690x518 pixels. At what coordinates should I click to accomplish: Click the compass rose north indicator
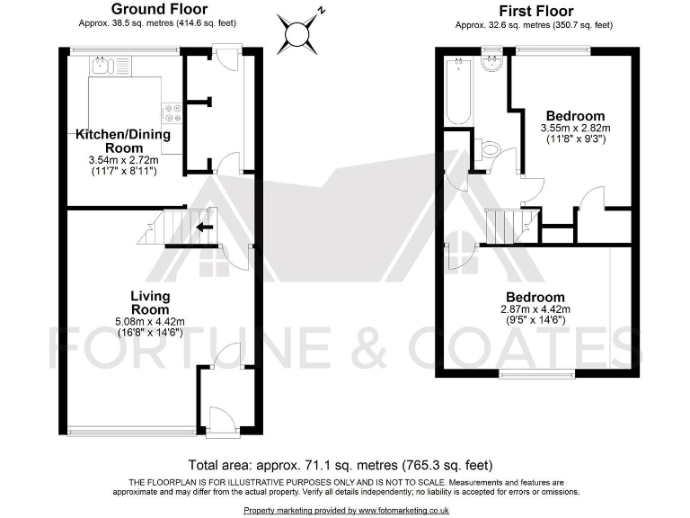(296, 34)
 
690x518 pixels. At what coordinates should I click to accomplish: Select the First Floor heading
(535, 12)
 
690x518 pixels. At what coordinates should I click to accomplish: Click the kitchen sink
(109, 65)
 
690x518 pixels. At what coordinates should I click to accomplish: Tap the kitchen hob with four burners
(171, 113)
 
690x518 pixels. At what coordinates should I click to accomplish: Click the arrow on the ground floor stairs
(205, 228)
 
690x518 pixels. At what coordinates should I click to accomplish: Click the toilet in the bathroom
(488, 150)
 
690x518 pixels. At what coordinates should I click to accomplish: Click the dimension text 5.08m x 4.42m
(150, 321)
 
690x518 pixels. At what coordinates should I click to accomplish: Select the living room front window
(130, 429)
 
